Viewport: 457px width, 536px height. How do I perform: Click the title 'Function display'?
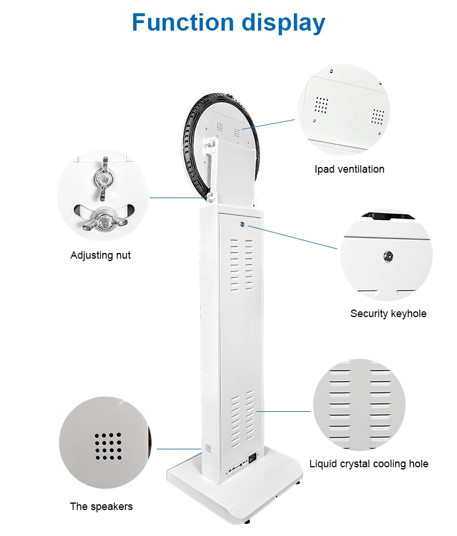point(228,23)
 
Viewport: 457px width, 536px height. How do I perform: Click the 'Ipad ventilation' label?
point(349,169)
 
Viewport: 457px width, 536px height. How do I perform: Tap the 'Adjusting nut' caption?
point(101,255)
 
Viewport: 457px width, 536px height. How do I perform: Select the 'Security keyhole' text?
point(388,314)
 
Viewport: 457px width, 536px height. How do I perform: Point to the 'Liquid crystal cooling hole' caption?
point(368,464)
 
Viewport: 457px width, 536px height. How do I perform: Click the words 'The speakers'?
point(101,507)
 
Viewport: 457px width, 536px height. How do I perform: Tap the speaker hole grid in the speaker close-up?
point(108,446)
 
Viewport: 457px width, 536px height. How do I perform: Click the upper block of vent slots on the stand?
point(242,263)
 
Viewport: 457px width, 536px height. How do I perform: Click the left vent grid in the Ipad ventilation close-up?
point(322,105)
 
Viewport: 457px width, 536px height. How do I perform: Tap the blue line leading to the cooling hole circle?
point(284,412)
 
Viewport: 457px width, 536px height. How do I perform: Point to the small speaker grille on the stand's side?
point(204,448)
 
